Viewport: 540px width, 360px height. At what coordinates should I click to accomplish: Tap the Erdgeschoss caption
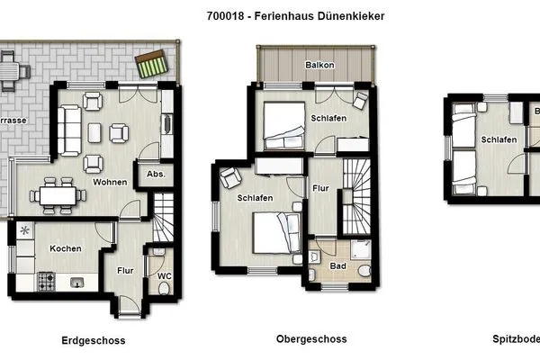tap(94, 340)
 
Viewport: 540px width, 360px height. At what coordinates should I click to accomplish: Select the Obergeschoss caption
tap(310, 339)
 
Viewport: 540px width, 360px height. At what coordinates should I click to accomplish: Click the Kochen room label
tap(66, 249)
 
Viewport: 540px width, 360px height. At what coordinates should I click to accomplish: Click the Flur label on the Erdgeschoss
tap(125, 267)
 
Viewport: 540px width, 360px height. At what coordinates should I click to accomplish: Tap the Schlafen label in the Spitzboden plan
tap(498, 139)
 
